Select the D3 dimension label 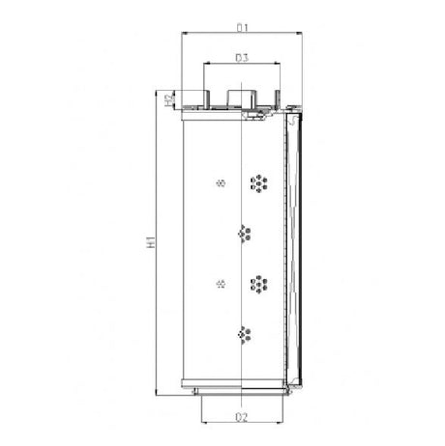(x=243, y=59)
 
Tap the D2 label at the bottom (x=243, y=417)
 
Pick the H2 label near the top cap (x=168, y=98)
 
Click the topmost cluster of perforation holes (x=258, y=182)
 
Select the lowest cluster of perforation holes (x=243, y=334)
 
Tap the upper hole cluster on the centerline (x=243, y=233)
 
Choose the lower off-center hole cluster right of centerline (x=258, y=284)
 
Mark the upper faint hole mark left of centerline (x=222, y=182)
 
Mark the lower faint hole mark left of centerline (x=222, y=284)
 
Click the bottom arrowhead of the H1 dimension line (x=158, y=391)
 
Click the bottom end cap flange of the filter (x=242, y=390)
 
